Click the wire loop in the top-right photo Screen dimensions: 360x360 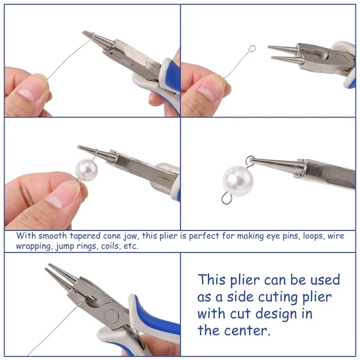252,49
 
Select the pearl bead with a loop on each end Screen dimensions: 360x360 238,181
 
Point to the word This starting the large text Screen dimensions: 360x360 212,280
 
